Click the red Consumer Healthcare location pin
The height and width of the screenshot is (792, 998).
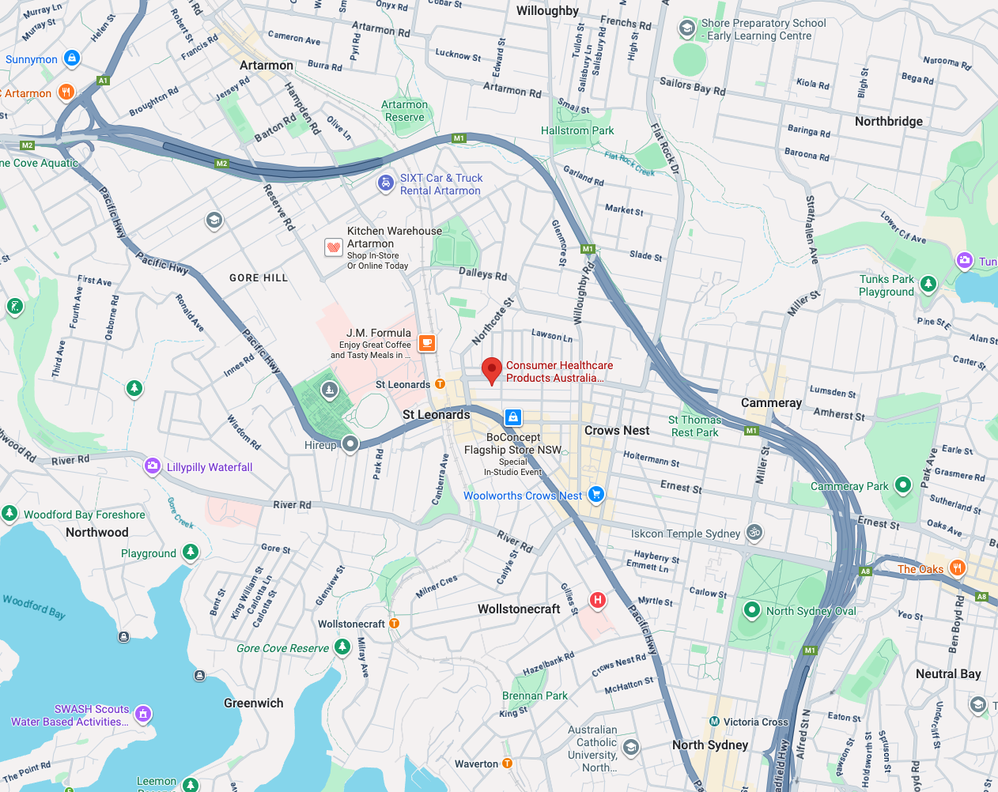coord(492,369)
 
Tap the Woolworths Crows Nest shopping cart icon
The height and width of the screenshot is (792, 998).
coord(596,495)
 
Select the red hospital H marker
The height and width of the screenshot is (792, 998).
coord(598,600)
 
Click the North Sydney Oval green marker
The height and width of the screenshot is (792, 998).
coord(752,610)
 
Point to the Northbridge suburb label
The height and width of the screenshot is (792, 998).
coord(888,121)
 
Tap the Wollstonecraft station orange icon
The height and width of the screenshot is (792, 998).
coord(394,624)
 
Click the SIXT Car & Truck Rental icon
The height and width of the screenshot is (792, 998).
coord(385,183)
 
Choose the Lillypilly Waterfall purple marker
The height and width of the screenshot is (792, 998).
coord(153,466)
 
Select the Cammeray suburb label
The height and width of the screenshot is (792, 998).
coord(771,403)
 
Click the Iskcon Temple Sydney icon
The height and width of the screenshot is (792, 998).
coord(754,533)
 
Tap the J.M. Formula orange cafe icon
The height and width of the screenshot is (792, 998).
coord(427,343)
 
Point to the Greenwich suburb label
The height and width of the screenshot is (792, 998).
coord(253,703)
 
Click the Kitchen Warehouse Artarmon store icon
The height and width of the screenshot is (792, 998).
coord(334,247)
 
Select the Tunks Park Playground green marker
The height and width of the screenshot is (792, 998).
coord(928,284)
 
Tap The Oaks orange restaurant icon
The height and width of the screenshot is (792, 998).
coord(957,568)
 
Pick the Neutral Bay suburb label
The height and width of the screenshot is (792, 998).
coord(948,674)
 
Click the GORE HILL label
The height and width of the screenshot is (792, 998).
coord(259,278)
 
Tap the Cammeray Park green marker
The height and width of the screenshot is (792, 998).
coord(902,485)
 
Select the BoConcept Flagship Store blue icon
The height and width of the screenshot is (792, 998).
coord(513,417)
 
